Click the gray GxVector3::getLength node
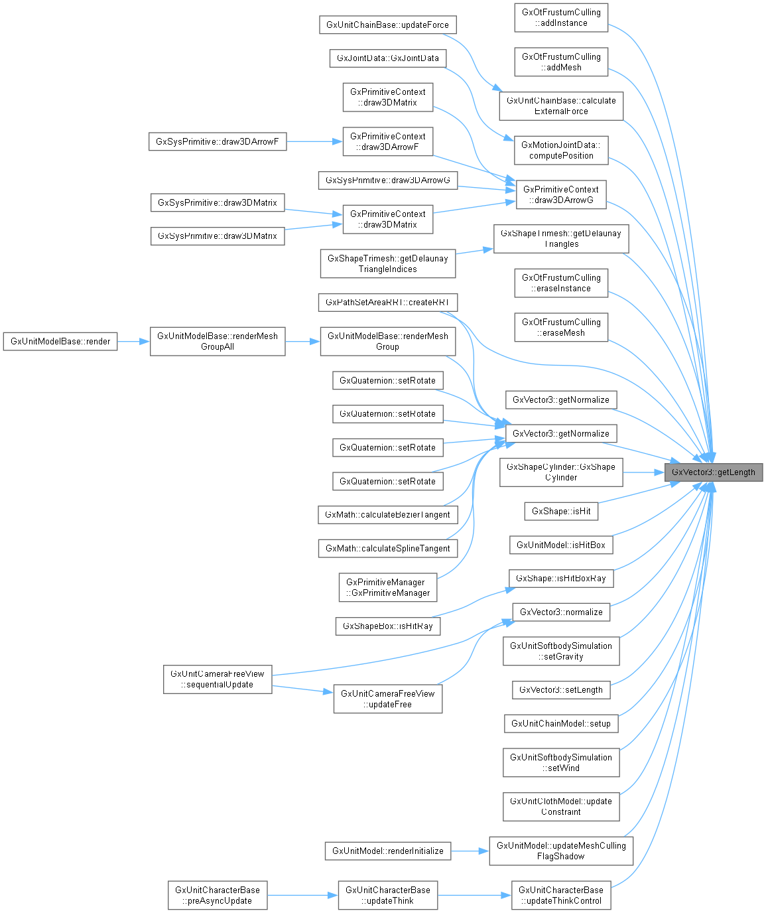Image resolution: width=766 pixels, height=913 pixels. [x=714, y=472]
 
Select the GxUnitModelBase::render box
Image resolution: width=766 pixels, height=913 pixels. [x=60, y=342]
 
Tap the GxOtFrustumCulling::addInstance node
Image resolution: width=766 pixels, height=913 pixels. [x=561, y=18]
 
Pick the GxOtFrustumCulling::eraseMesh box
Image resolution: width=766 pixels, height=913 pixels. [x=561, y=328]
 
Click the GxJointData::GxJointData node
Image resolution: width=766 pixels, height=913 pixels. [x=387, y=58]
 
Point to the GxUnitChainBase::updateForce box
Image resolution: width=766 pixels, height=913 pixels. [x=387, y=25]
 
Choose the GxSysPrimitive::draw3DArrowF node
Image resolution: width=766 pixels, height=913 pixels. [x=217, y=142]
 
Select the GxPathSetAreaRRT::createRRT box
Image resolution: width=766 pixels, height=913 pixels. [x=387, y=303]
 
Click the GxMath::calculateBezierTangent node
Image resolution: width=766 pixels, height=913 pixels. [x=387, y=515]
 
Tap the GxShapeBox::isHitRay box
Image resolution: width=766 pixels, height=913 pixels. [x=387, y=626]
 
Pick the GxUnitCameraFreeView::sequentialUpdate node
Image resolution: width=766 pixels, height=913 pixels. [x=218, y=679]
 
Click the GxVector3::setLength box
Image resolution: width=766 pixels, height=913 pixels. [x=560, y=690]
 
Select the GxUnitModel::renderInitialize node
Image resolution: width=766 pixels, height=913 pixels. [x=387, y=851]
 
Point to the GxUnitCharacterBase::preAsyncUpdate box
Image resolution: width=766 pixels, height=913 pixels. [x=218, y=896]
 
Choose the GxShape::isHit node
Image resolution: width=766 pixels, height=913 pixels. [x=561, y=512]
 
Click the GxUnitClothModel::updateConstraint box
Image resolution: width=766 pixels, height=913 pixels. [x=561, y=807]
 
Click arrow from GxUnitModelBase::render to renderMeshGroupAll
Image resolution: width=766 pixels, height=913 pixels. [x=133, y=342]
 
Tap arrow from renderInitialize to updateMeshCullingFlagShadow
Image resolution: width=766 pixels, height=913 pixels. [x=470, y=851]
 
